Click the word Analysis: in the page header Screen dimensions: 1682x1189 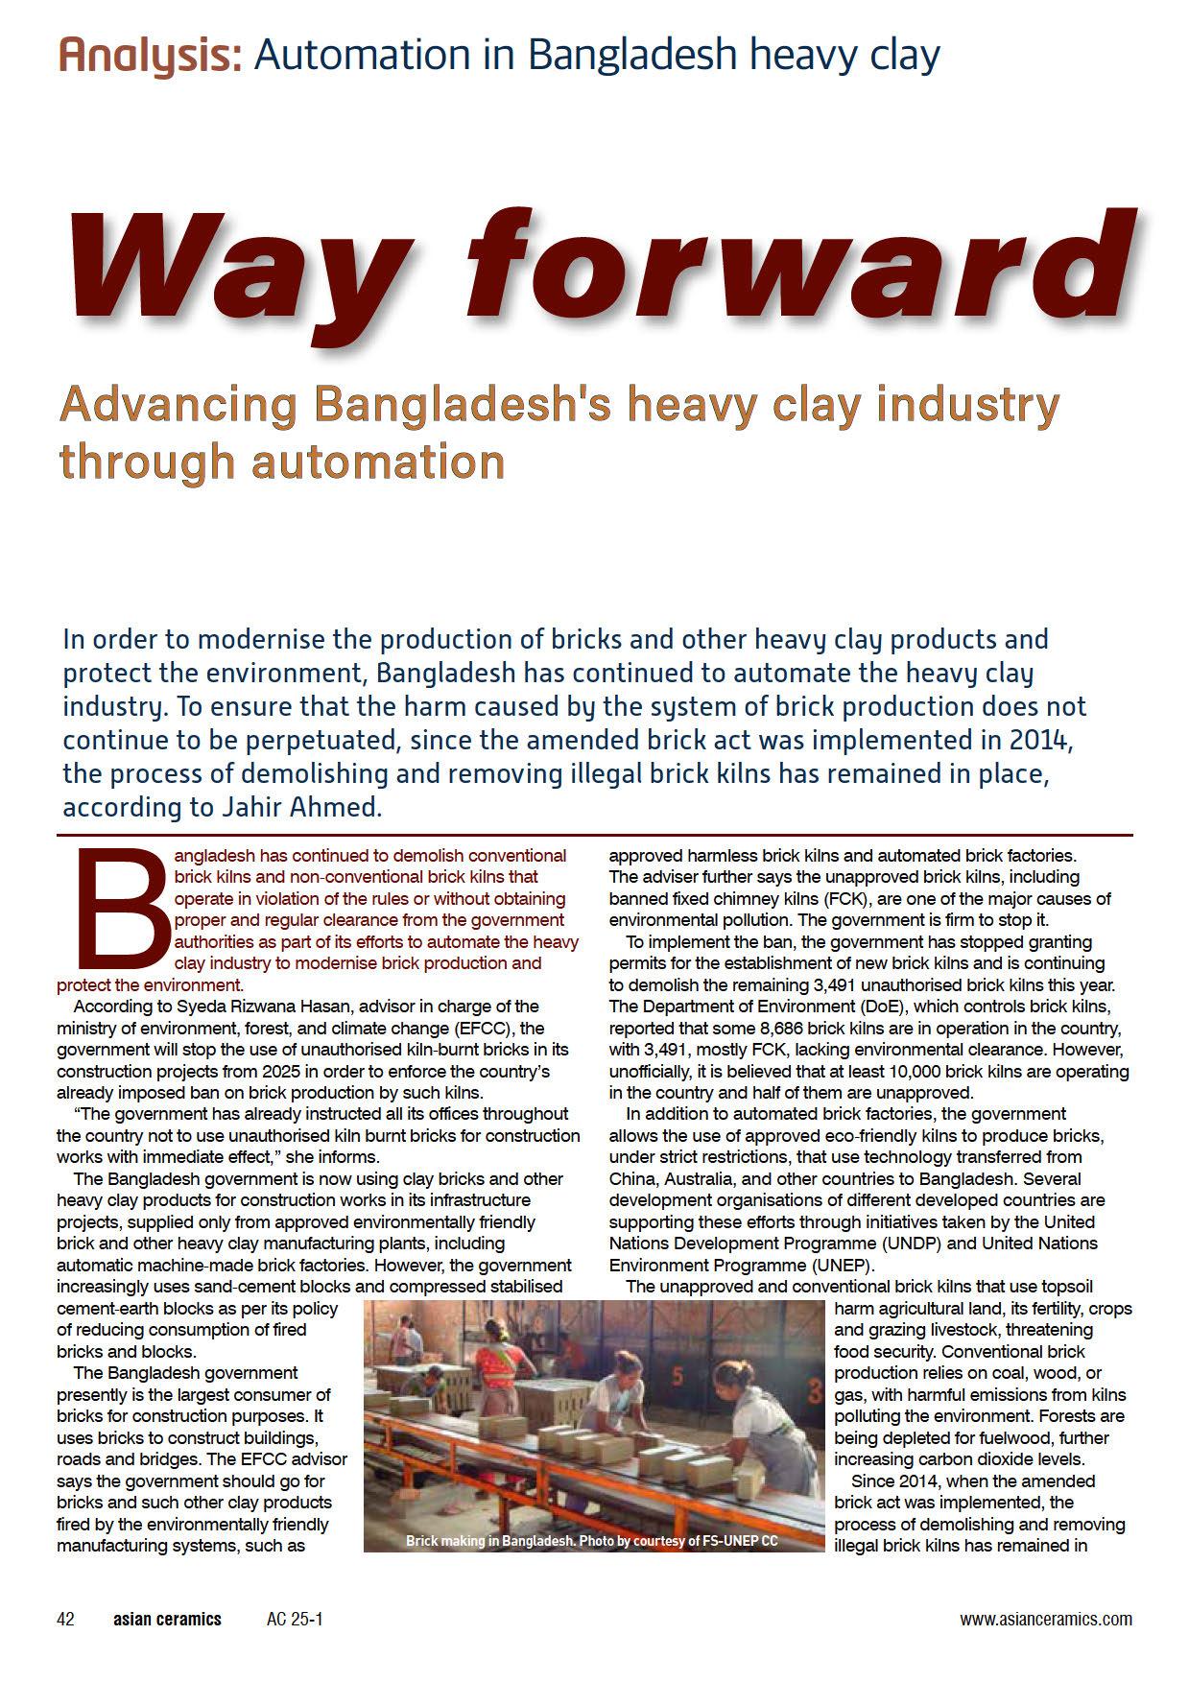150,55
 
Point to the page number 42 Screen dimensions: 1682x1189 66,1619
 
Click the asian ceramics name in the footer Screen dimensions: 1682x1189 167,1619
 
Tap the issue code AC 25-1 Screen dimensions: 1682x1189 295,1619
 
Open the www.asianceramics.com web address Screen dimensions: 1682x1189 1045,1619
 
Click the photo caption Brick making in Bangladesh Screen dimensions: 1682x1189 489,1541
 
